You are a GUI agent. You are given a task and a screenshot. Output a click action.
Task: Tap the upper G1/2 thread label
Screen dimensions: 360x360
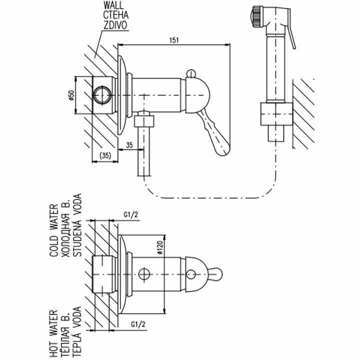click(x=131, y=216)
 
